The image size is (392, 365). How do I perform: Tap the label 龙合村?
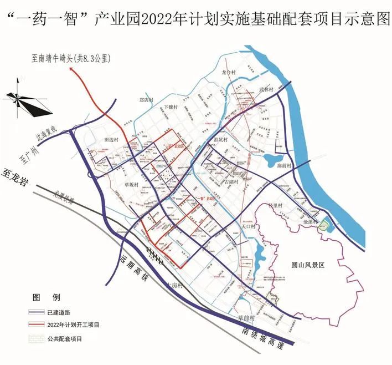[x=229, y=72]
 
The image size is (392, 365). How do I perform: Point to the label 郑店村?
[x=146, y=100]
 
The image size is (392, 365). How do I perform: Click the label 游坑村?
[x=220, y=140]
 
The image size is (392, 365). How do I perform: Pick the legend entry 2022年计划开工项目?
[x=72, y=324]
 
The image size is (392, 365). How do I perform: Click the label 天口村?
[x=247, y=227]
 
